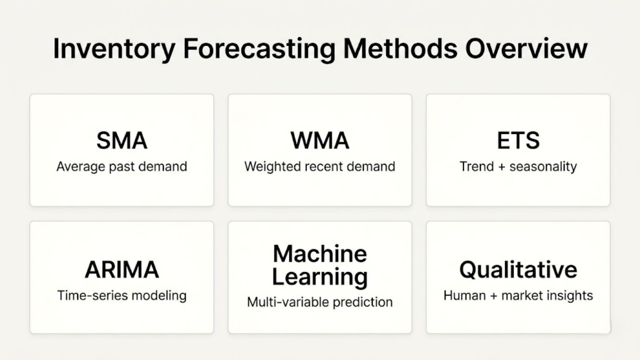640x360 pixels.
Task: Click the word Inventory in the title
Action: click(x=114, y=49)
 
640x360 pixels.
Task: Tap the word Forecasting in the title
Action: click(x=259, y=49)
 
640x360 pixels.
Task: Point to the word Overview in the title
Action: click(x=527, y=49)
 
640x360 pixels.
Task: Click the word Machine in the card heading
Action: click(x=320, y=254)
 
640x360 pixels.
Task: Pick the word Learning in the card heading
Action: click(x=320, y=277)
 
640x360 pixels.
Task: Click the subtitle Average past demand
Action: click(x=122, y=167)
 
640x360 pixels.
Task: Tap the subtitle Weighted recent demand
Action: click(x=320, y=167)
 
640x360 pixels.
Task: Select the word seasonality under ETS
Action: click(x=543, y=167)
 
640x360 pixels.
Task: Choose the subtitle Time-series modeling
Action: click(x=122, y=295)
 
